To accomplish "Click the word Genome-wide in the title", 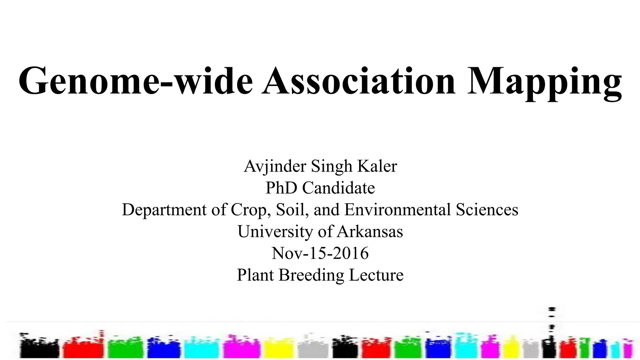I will pyautogui.click(x=135, y=81).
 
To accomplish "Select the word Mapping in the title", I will pyautogui.click(x=544, y=82).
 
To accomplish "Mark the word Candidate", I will pyautogui.click(x=338, y=188).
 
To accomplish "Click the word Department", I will pyautogui.click(x=164, y=210).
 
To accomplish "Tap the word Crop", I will pyautogui.click(x=249, y=210).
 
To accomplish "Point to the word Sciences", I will pyautogui.click(x=487, y=210).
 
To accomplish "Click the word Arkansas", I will pyautogui.click(x=370, y=232).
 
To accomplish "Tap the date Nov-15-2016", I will pyautogui.click(x=320, y=253).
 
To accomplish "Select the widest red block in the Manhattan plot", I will pyautogui.click(x=83, y=348).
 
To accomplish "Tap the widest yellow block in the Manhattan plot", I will pyautogui.click(x=279, y=349).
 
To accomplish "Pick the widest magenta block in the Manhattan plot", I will pyautogui.click(x=241, y=348).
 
